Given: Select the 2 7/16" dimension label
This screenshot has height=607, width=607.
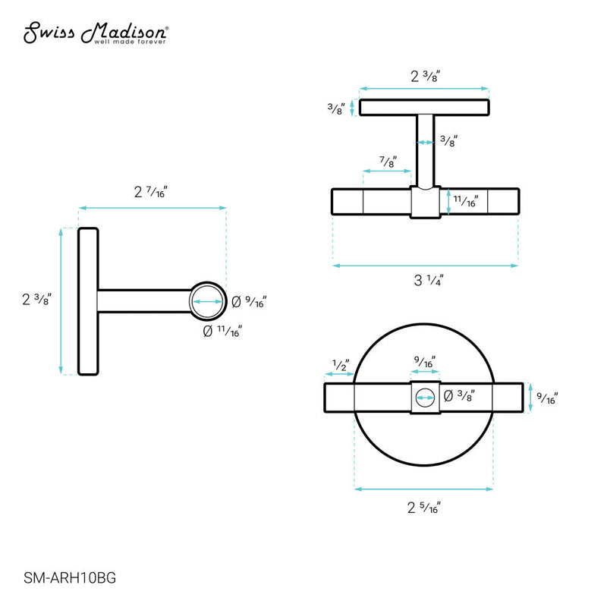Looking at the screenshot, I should coord(150,192).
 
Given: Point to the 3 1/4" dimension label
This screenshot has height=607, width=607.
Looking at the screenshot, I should coord(428,280).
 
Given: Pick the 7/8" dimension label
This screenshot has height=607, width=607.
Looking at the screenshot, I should coord(387,162).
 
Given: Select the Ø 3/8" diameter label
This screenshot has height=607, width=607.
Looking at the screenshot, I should coord(459,395).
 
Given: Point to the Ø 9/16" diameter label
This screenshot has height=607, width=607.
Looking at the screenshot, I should coord(248,301).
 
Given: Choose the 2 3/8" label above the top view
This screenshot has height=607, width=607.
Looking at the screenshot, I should coord(426,76).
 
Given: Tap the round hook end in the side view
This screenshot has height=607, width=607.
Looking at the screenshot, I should coord(207,300).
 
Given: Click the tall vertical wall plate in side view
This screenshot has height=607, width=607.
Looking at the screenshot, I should coord(89,300).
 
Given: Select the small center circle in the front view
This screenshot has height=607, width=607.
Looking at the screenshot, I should coord(426,396).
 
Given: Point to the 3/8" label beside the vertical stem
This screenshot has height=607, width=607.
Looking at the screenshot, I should coord(448,140).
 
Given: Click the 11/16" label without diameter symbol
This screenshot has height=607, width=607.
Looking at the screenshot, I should coord(465,201).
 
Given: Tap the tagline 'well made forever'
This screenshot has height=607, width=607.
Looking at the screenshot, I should coord(131,42).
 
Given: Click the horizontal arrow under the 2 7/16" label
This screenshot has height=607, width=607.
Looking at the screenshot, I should coord(153,207).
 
